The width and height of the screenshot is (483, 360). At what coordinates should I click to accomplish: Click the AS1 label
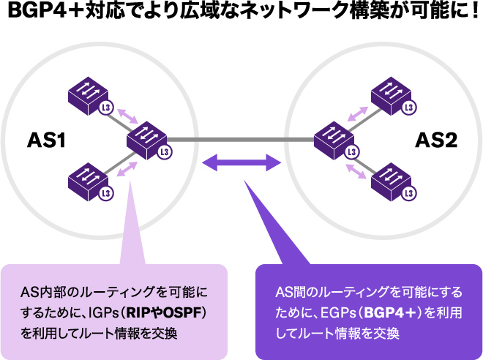47,139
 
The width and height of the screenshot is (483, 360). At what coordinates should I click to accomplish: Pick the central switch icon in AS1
147,137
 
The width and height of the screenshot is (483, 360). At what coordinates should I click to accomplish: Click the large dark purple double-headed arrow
241,162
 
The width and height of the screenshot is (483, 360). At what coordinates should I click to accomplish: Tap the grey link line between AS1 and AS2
241,139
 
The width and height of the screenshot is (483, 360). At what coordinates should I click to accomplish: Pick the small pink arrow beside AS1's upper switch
127,114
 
